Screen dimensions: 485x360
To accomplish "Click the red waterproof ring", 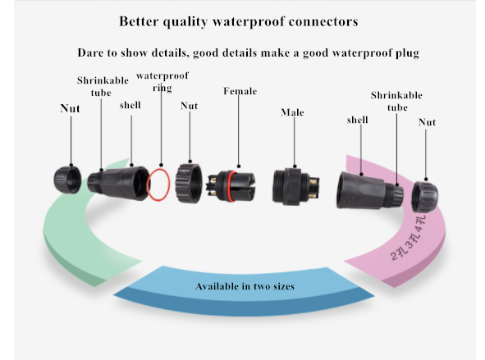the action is [x=148, y=185].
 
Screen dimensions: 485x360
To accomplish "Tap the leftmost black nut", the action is [x=67, y=180].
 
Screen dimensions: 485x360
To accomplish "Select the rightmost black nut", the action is [x=424, y=197].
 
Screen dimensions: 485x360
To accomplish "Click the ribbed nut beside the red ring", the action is [x=189, y=183].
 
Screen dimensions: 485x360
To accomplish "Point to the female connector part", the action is [x=231, y=186].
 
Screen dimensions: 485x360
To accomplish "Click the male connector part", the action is [x=295, y=186].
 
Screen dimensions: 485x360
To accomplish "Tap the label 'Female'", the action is [x=240, y=91].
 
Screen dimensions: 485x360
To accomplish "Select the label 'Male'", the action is [x=292, y=112].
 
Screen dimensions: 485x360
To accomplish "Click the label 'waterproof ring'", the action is [x=162, y=82].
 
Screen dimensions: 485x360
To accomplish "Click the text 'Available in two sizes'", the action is [x=245, y=286].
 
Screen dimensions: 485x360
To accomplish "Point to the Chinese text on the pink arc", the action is [x=409, y=238].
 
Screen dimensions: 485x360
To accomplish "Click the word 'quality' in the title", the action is [x=185, y=22].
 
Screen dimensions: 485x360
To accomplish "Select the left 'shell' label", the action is [x=130, y=105].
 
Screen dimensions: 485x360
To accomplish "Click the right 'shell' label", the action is [x=358, y=120].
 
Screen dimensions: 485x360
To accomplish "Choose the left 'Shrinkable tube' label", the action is [x=103, y=87].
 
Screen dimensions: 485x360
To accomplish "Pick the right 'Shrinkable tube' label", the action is [x=396, y=101].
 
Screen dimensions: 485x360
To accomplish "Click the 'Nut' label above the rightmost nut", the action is [x=428, y=122].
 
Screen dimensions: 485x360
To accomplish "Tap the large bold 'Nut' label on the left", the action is [x=71, y=108].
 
